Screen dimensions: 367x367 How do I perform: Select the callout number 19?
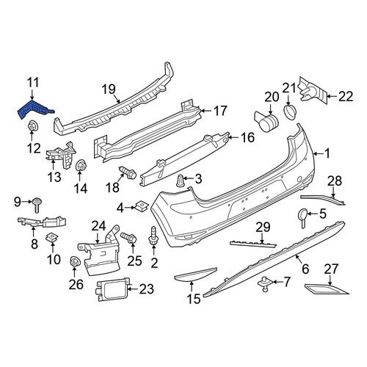tap(109, 89)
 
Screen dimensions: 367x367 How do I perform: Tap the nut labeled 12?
tap(32, 126)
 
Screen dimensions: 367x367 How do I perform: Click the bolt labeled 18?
tap(128, 172)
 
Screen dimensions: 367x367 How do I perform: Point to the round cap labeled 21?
tap(290, 112)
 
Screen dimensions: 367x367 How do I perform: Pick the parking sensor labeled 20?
tap(266, 121)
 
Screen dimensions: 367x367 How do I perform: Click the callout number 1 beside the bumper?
tap(327, 153)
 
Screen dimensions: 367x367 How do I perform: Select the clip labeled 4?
tap(142, 206)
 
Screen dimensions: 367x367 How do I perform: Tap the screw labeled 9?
tap(37, 205)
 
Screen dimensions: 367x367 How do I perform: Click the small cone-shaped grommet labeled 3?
tap(181, 181)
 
